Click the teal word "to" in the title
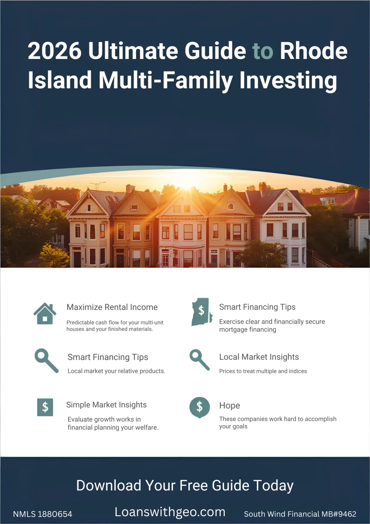tap(263, 51)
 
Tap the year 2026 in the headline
tap(55, 51)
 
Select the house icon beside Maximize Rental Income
tap(45, 313)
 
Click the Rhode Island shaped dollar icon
tap(201, 312)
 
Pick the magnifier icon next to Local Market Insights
tap(199, 359)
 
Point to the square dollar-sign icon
tap(45, 407)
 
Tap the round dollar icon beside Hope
tap(199, 407)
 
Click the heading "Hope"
tap(229, 405)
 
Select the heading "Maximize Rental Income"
tap(112, 307)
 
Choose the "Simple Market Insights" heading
tap(106, 405)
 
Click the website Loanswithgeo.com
tap(170, 512)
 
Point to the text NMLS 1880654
tap(43, 514)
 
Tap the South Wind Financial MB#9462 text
tap(300, 514)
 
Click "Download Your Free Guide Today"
tap(185, 486)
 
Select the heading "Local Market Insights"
tap(259, 357)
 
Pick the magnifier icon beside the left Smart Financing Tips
tap(46, 360)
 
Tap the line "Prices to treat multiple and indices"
tap(263, 371)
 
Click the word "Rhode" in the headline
tap(314, 51)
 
